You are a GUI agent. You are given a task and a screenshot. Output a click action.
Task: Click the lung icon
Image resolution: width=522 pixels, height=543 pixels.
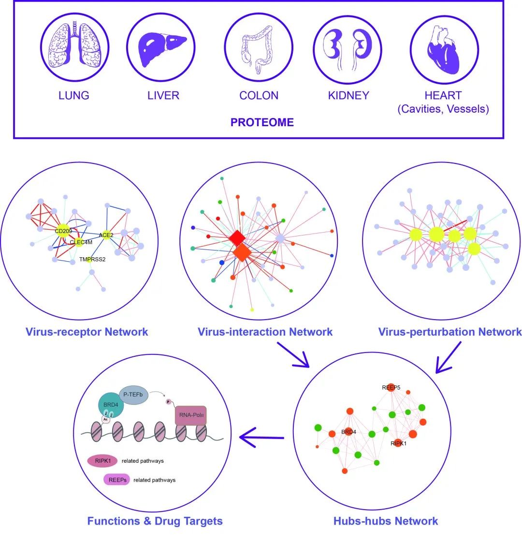pyautogui.click(x=74, y=47)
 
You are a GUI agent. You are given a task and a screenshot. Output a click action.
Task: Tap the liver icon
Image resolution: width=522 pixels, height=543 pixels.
pyautogui.click(x=161, y=47)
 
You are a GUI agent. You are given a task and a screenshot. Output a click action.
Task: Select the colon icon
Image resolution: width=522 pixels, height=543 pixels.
pyautogui.click(x=259, y=47)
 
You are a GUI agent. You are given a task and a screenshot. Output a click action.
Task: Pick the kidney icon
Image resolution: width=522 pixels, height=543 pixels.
pyautogui.click(x=348, y=47)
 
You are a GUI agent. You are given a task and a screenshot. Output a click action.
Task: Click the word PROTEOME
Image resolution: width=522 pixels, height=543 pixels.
pyautogui.click(x=262, y=122)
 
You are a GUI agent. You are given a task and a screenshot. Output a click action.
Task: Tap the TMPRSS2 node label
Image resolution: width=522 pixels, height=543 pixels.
pyautogui.click(x=92, y=260)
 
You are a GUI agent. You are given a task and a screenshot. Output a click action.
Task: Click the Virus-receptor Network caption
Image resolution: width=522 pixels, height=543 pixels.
pyautogui.click(x=87, y=332)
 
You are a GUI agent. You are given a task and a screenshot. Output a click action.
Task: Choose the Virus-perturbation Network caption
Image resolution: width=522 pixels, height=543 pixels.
pyautogui.click(x=449, y=332)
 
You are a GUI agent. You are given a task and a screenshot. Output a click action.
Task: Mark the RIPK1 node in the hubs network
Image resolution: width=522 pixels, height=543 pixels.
pyautogui.click(x=398, y=442)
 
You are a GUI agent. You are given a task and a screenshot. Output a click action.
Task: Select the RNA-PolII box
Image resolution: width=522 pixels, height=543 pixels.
pyautogui.click(x=190, y=415)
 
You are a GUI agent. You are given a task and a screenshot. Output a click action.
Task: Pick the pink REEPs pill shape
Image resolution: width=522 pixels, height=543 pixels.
pyautogui.click(x=116, y=480)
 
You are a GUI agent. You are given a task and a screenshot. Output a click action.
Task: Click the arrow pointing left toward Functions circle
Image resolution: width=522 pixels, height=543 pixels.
pyautogui.click(x=261, y=438)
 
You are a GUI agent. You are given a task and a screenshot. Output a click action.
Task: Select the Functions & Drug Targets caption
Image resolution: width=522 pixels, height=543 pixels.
pyautogui.click(x=155, y=521)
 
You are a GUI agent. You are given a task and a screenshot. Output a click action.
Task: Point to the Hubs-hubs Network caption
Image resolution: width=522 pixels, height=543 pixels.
pyautogui.click(x=386, y=521)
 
